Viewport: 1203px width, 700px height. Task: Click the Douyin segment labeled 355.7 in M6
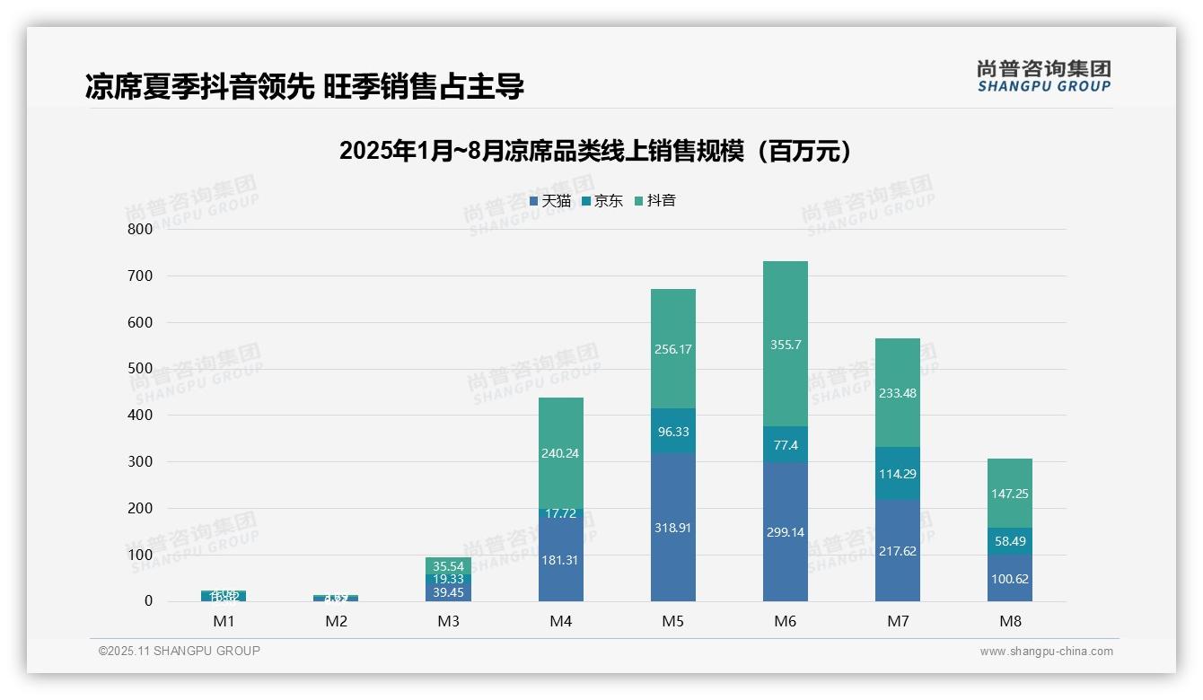pos(785,344)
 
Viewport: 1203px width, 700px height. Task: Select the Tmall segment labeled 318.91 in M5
pos(672,527)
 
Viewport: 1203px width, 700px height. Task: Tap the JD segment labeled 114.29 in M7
pos(897,473)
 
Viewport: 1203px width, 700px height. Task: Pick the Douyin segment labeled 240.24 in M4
pos(560,453)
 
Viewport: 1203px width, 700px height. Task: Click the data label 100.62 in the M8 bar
pos(1010,579)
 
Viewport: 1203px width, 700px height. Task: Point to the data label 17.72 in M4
pos(560,513)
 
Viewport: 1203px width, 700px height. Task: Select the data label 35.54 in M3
pos(448,566)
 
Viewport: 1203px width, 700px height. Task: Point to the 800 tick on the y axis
pos(140,229)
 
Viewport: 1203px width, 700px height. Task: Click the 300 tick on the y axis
pos(140,461)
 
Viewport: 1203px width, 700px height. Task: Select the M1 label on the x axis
pos(224,621)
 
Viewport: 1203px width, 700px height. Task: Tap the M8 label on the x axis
pos(1010,621)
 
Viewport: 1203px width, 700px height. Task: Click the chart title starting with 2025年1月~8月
pos(594,151)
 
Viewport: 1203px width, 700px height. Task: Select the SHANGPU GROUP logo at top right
pos(1043,76)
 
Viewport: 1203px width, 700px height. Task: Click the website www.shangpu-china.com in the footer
pos(1046,652)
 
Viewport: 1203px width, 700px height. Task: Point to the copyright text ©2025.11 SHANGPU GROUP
pos(180,651)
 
